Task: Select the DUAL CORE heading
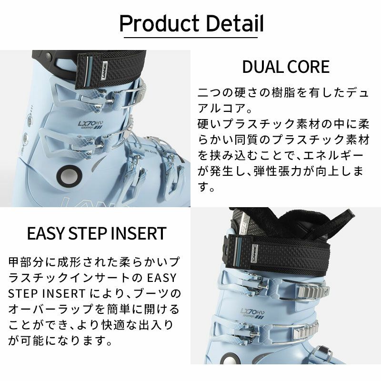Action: coord(286,67)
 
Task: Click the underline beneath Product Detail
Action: coord(191,37)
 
